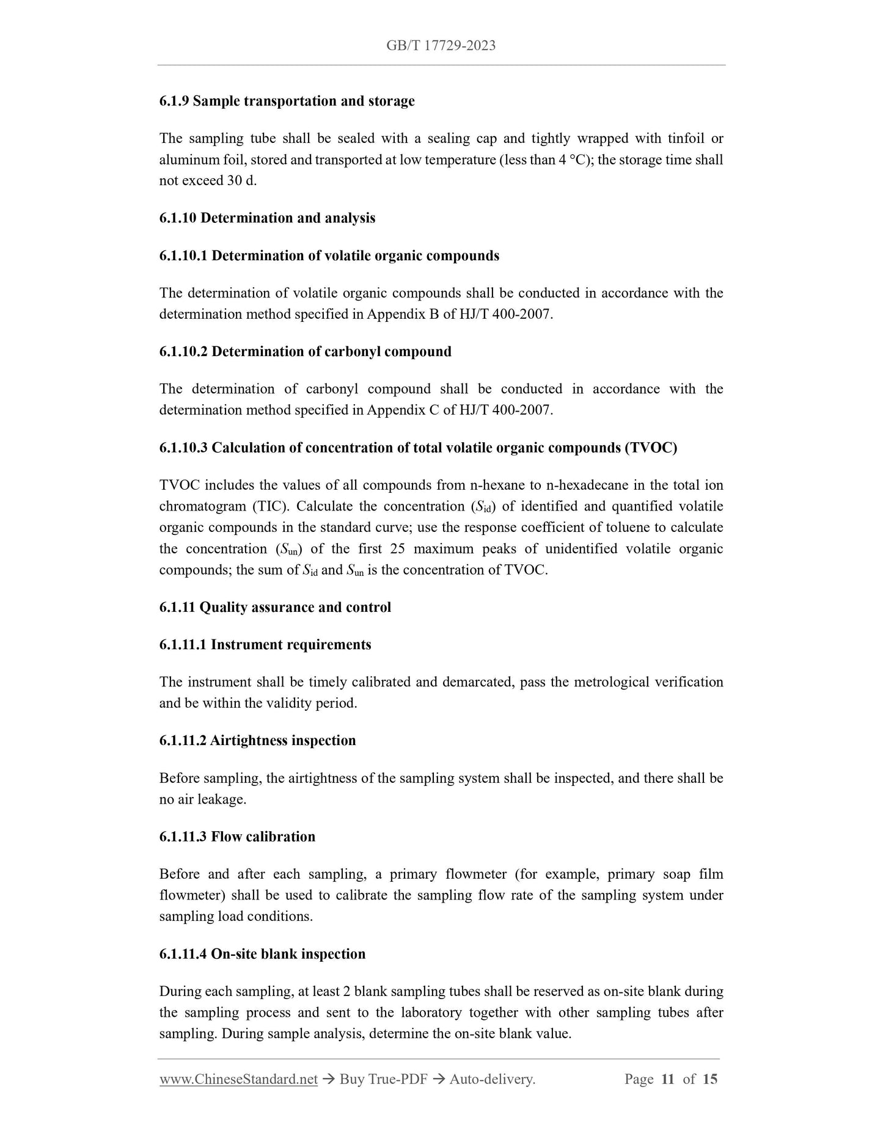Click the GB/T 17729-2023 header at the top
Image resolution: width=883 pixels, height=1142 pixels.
441,45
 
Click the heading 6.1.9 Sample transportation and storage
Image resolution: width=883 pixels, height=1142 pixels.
287,101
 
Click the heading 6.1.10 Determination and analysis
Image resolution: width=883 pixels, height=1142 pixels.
267,218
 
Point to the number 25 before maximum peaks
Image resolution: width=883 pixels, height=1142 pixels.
397,548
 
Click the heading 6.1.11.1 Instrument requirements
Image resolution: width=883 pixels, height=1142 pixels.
265,645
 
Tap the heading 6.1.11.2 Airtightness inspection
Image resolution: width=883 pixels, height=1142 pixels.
257,741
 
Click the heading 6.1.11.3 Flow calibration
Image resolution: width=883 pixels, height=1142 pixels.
237,837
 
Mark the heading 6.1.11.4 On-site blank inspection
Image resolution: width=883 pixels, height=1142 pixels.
262,954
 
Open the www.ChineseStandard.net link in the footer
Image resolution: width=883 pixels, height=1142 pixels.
238,1079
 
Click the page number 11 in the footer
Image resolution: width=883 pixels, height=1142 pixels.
667,1079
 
